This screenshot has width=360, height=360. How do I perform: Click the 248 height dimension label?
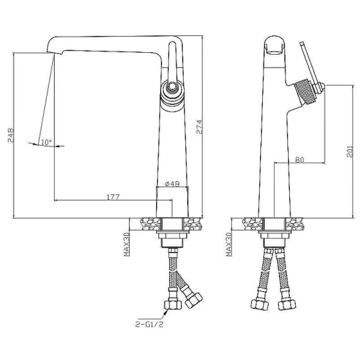tap(11, 136)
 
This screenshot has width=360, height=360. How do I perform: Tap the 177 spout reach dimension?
tap(113, 197)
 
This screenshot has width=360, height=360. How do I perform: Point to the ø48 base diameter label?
tap(172, 184)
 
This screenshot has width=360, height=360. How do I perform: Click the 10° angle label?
tap(46, 142)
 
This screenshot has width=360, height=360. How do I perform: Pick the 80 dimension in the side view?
tap(299, 160)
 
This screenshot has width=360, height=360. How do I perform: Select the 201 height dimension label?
tap(349, 151)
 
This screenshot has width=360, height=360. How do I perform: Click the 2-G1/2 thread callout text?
tap(149, 324)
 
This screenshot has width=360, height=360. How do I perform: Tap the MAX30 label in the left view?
tap(127, 244)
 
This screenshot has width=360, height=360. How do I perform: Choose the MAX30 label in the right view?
tap(229, 244)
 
